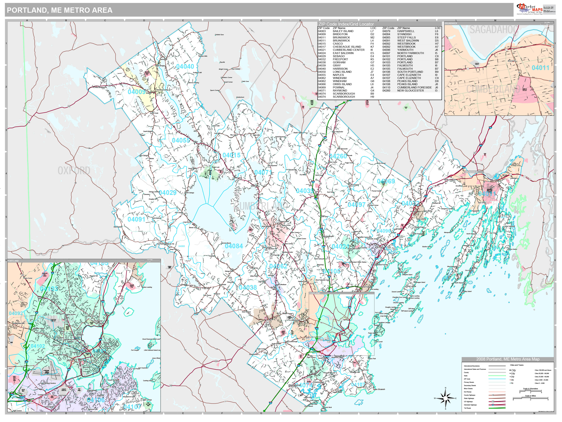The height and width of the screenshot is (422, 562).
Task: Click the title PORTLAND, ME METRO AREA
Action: (60, 10)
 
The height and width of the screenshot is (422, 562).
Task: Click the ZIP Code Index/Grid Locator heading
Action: (346, 24)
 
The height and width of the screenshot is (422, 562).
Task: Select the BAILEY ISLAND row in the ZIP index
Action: (343, 31)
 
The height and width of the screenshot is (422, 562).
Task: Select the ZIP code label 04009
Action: (136, 92)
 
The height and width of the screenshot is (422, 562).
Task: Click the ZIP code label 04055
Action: (181, 140)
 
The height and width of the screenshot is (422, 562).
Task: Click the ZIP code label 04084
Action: (234, 246)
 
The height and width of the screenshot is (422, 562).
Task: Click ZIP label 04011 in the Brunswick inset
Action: (540, 68)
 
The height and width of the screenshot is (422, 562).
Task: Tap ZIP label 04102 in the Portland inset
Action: (38, 346)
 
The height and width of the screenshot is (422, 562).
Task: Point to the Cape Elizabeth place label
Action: (379, 389)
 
